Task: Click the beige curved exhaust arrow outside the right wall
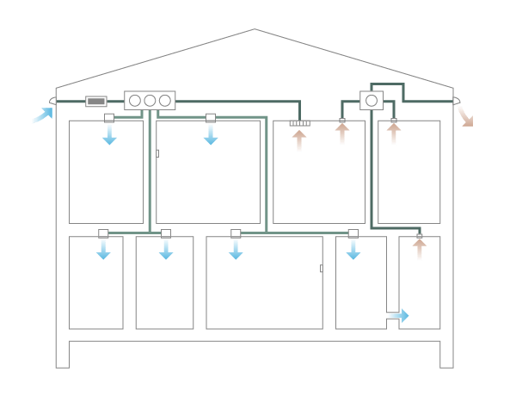point(464,116)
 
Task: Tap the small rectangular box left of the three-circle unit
point(96,101)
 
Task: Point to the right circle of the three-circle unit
point(164,101)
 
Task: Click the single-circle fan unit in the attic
point(372,100)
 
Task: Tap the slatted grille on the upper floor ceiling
point(299,123)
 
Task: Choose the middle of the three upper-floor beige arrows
point(342,134)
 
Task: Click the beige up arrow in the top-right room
point(394,134)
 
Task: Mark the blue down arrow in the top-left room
point(109,133)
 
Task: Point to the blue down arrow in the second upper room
point(211,133)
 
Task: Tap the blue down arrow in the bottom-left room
point(103,248)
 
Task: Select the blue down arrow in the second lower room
point(166,248)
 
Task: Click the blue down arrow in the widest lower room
point(236,248)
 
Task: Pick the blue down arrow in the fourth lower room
point(353,248)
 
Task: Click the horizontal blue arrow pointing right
point(398,316)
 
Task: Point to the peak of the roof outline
point(255,29)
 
